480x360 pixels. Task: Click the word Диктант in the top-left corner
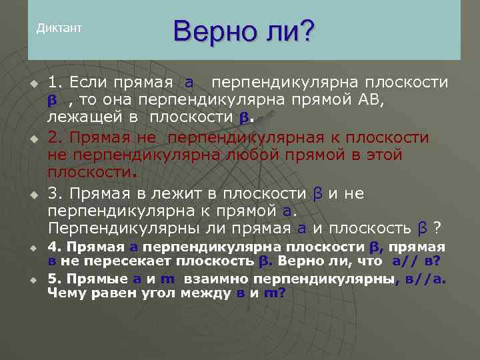(59, 28)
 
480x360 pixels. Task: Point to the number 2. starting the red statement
(55, 137)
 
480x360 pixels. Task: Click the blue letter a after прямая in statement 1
(189, 83)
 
